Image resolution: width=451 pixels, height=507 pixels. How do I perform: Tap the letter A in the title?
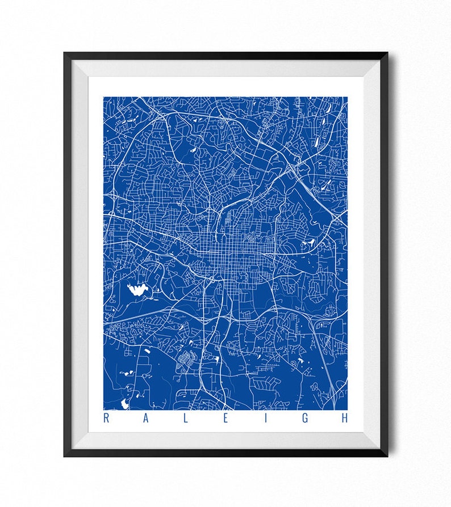[145, 419]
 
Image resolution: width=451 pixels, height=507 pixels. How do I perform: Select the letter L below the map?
[186, 419]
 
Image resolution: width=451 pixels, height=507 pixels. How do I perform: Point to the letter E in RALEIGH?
[225, 419]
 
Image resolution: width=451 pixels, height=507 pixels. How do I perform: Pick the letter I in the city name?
[265, 419]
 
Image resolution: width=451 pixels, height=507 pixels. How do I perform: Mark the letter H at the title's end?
[344, 419]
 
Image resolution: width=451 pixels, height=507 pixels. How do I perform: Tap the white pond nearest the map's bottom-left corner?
[124, 404]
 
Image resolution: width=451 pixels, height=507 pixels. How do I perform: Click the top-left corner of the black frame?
[65, 54]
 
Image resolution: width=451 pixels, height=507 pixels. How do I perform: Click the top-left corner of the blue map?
[104, 98]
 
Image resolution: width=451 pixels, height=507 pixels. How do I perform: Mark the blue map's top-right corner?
[346, 98]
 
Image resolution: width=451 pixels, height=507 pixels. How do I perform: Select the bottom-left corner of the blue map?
[104, 409]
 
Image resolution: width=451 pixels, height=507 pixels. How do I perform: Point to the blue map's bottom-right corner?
[346, 409]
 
